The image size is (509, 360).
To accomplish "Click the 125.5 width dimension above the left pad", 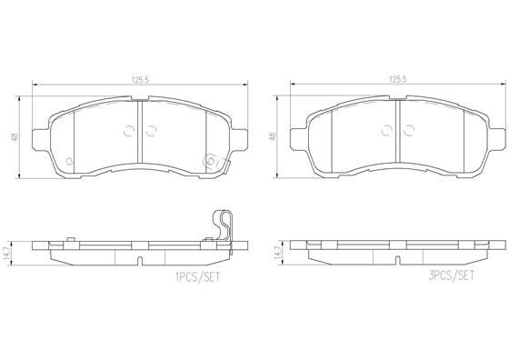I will point(138,79).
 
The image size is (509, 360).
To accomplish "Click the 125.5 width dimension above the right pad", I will point(396,79).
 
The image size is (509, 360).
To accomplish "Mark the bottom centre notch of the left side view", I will point(138,263).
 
